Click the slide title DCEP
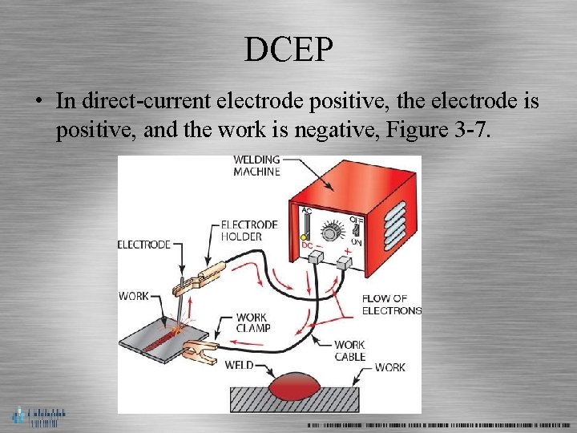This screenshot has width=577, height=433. coord(288,50)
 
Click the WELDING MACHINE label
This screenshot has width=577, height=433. coord(256,165)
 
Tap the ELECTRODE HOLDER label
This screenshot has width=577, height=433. coord(248,230)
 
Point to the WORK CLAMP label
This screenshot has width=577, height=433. coord(252,322)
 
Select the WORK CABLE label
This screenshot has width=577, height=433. coord(350,350)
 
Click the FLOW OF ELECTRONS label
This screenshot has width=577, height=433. coord(391,304)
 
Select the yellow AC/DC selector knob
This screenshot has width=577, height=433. coord(305,239)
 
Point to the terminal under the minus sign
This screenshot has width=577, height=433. coord(315,257)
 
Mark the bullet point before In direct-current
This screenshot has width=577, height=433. coord(38,103)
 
